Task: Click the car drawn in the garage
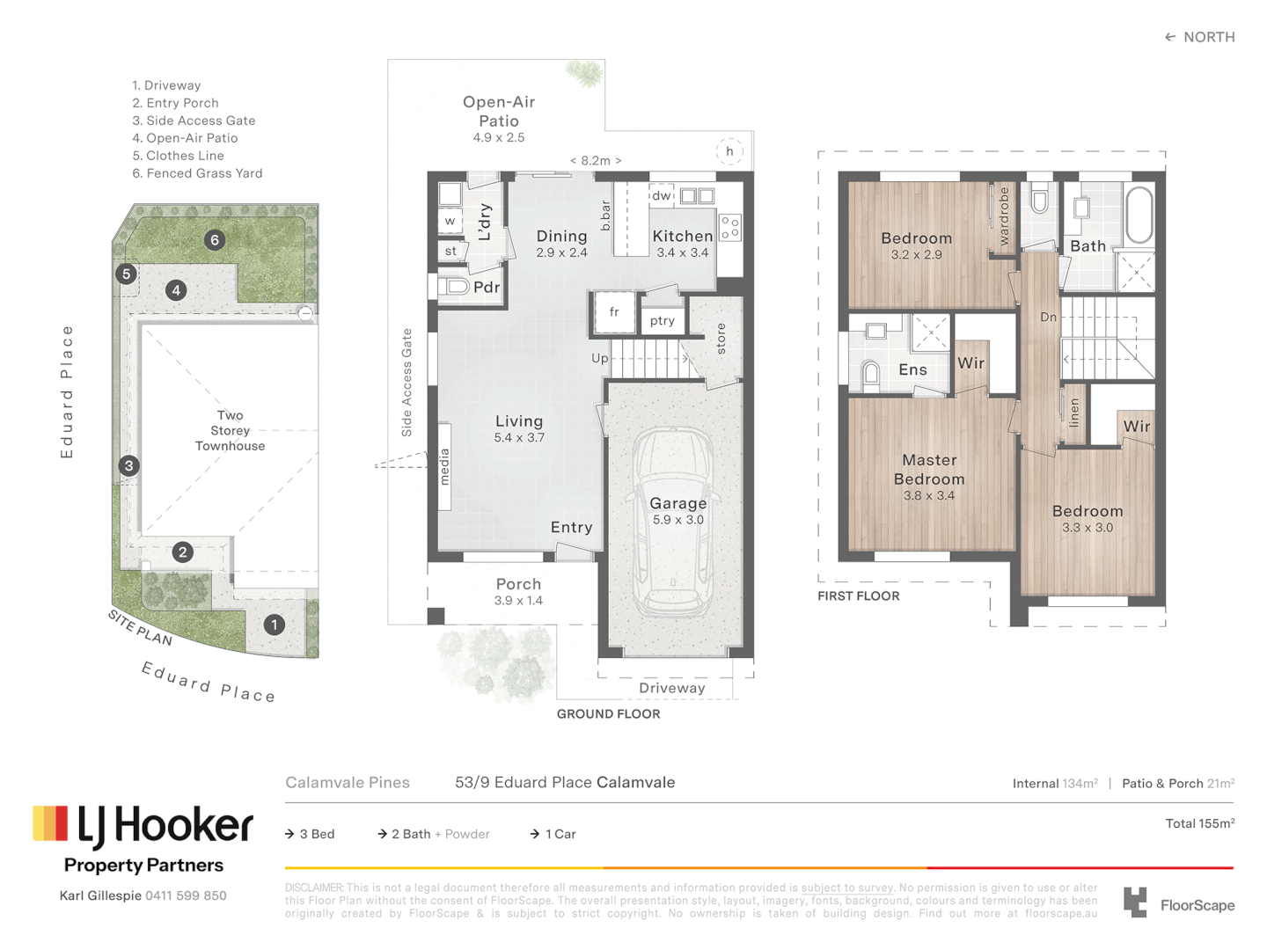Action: click(674, 522)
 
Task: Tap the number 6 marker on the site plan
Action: click(215, 240)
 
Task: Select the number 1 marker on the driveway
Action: click(275, 625)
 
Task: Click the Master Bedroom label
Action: click(929, 470)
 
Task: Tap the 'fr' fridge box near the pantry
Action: click(614, 312)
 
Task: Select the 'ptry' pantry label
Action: click(663, 321)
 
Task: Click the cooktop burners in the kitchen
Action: click(730, 227)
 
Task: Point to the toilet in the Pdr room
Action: click(456, 287)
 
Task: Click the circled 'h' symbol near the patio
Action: click(729, 151)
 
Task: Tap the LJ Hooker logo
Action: click(143, 825)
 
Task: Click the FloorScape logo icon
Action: click(1136, 902)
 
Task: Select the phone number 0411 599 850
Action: click(186, 895)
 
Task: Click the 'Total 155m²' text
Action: click(1199, 823)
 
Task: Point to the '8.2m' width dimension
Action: click(596, 161)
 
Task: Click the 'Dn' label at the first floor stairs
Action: click(1048, 317)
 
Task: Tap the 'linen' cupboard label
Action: click(1074, 413)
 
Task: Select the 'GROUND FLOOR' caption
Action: click(608, 713)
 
